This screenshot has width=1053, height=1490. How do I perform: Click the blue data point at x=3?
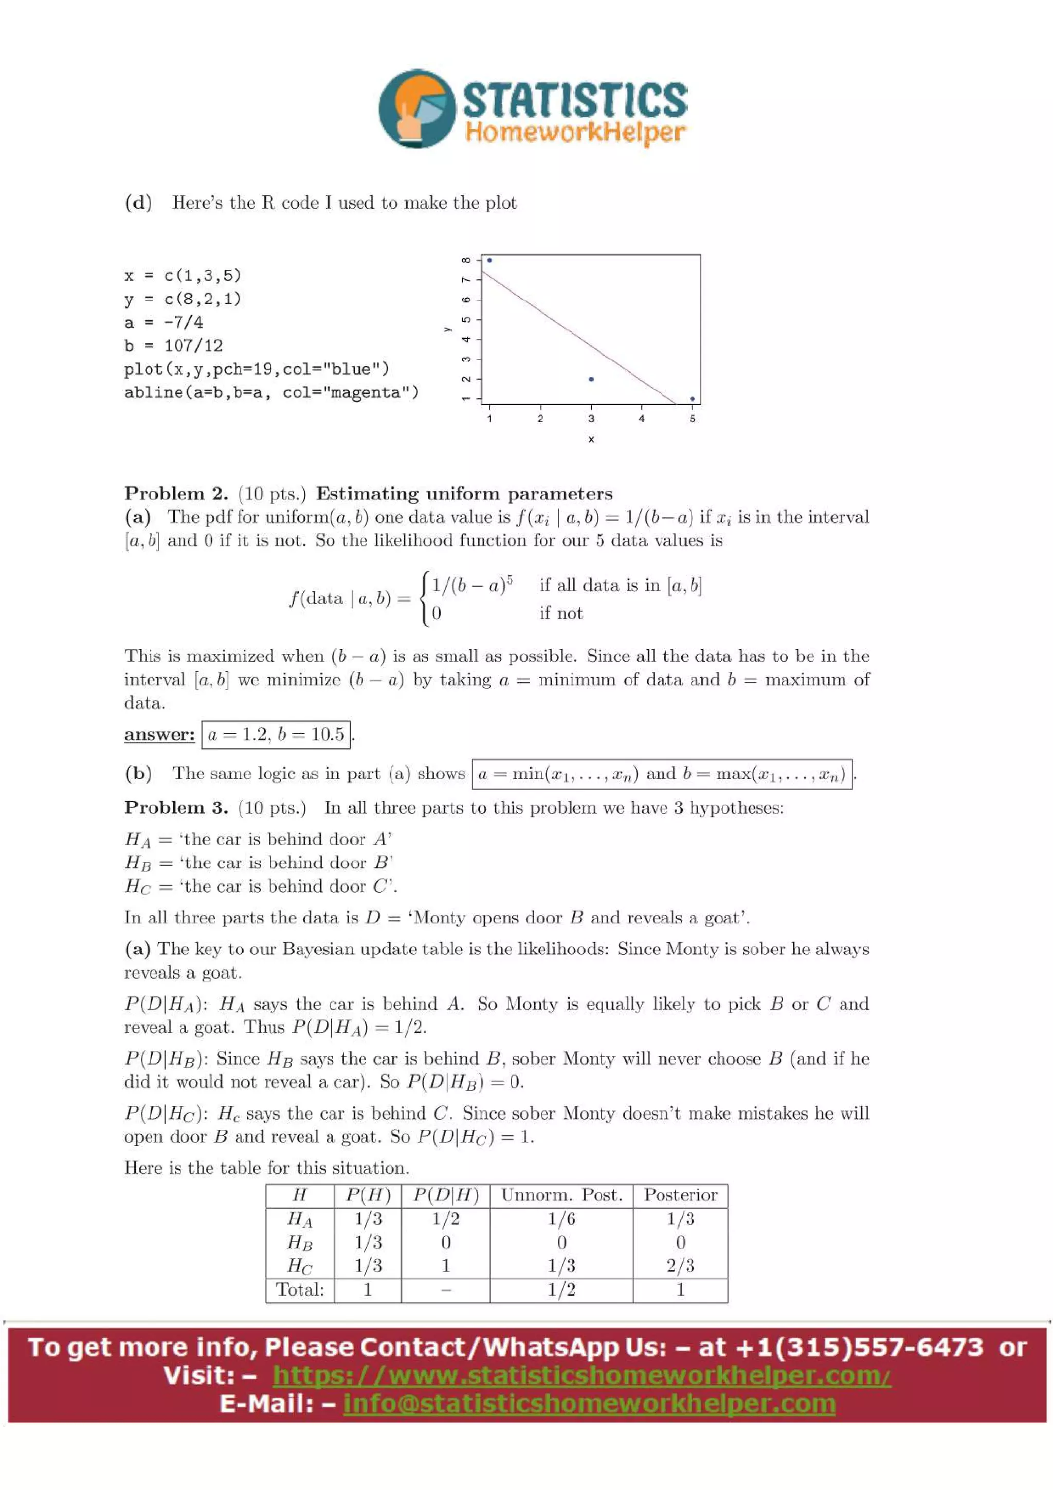[591, 379]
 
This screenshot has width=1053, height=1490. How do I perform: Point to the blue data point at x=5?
[692, 398]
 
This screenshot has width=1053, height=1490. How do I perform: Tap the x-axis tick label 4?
[642, 419]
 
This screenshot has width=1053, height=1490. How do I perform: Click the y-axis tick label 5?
[465, 320]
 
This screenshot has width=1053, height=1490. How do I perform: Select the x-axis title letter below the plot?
[591, 440]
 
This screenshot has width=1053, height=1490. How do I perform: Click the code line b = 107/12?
[173, 345]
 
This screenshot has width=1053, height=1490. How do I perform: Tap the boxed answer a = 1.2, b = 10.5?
[276, 734]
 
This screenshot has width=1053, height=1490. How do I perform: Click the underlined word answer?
[159, 734]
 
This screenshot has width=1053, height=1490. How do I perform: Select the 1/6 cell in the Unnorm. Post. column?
[561, 1219]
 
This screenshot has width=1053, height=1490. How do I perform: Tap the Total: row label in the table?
[300, 1289]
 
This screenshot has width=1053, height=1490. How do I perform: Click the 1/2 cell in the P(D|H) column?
[446, 1219]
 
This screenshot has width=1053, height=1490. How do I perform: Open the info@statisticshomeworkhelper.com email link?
[589, 1403]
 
